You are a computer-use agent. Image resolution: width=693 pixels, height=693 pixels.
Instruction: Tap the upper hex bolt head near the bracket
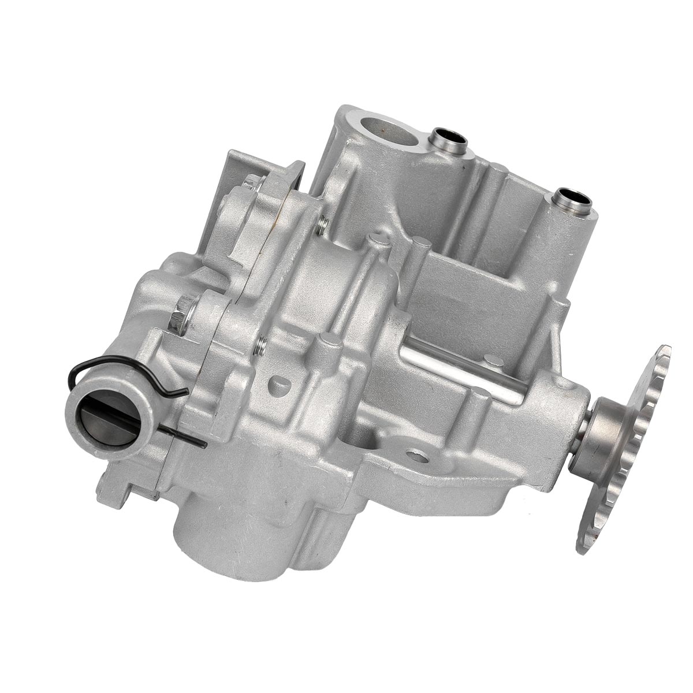pos(252,184)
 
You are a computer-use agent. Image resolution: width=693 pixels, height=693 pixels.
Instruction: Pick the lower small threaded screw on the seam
pos(261,346)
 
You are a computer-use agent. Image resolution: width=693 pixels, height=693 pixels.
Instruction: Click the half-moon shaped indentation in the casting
pos(280,382)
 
